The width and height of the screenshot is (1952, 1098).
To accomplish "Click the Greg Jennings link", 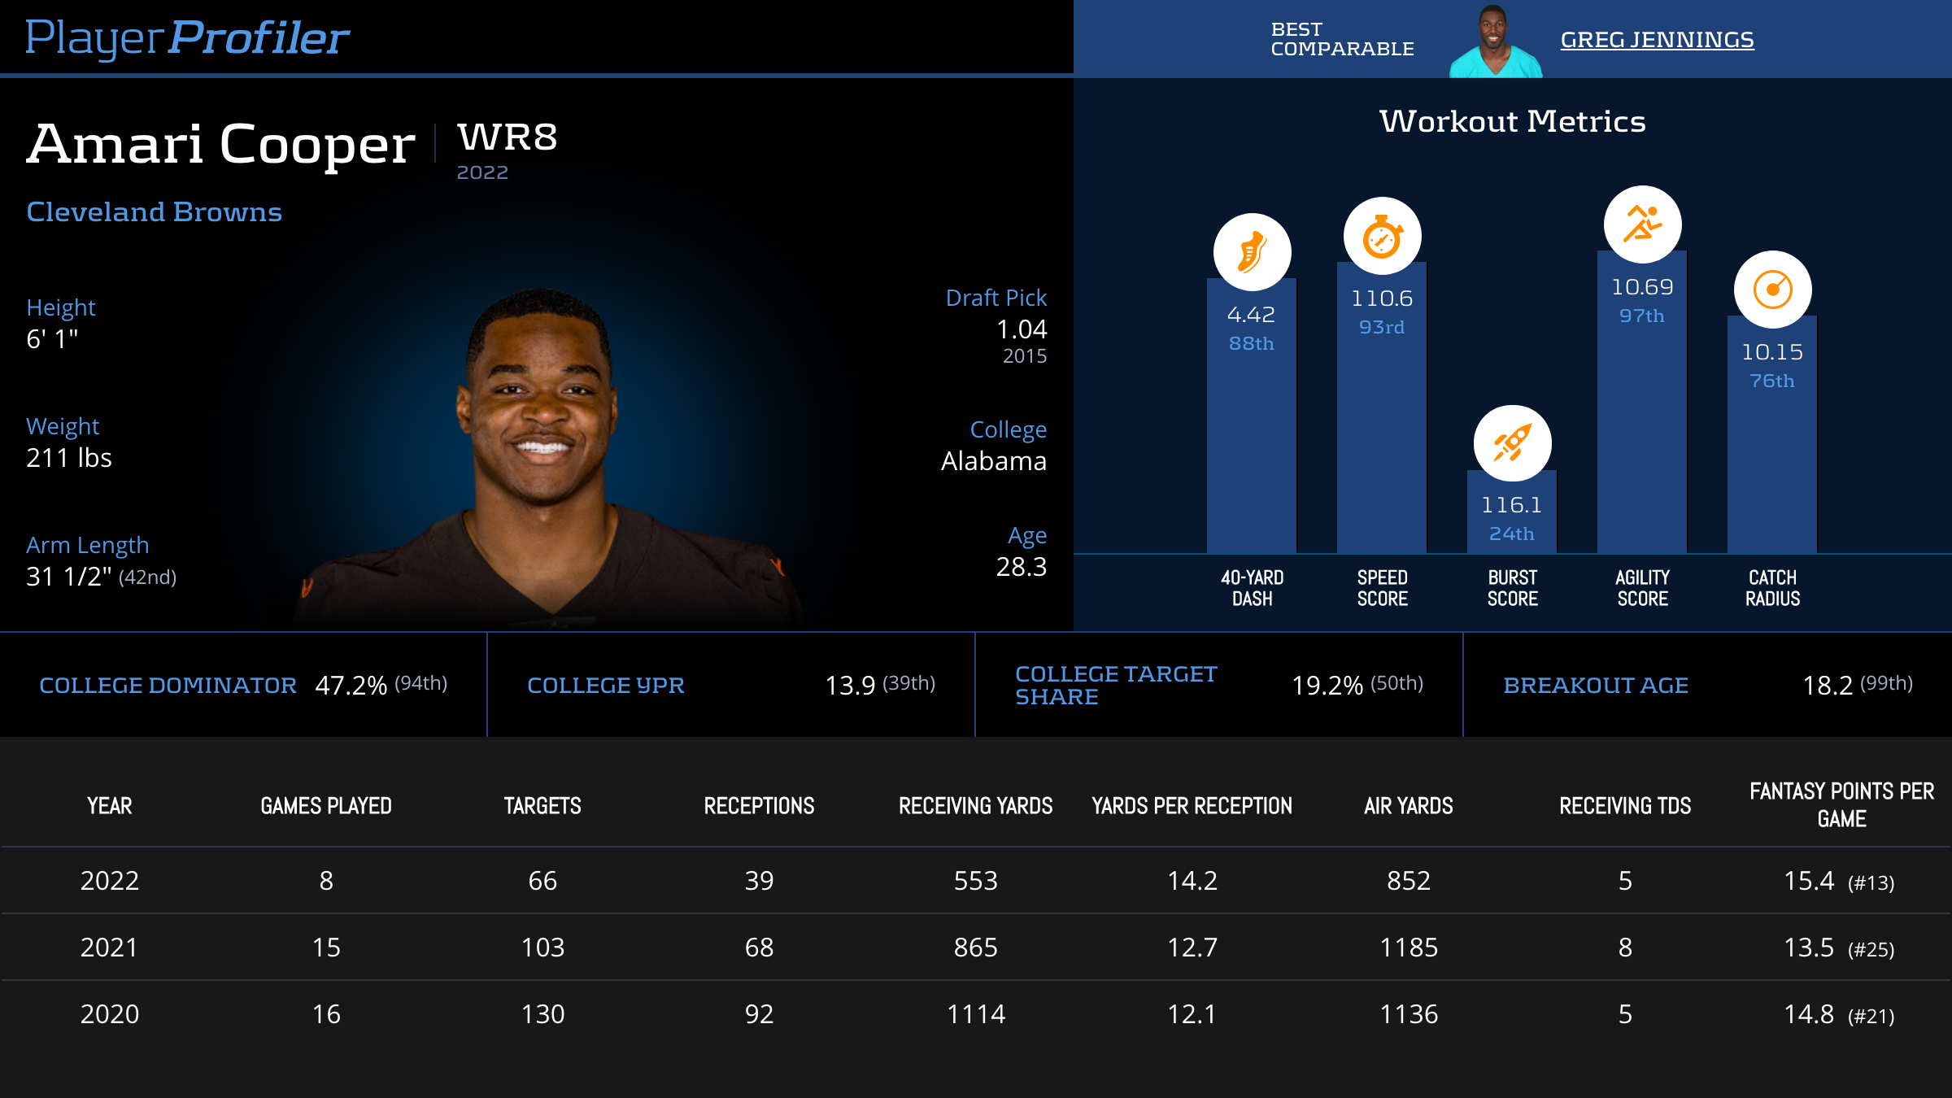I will (1657, 40).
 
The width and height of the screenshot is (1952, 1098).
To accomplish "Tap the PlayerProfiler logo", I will (187, 38).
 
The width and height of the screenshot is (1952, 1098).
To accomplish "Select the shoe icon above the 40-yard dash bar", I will (1252, 252).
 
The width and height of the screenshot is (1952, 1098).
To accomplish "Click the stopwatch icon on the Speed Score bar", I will (1382, 237).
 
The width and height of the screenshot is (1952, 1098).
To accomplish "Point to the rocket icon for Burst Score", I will (1512, 443).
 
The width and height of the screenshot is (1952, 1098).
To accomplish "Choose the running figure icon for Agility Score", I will (1642, 224).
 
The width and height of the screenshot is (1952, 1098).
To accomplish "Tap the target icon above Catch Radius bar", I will (1772, 290).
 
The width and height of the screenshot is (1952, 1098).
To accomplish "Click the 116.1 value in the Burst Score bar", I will (1511, 505).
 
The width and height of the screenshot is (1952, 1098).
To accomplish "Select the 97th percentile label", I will (1641, 316).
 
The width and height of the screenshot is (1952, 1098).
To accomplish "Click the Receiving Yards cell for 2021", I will (975, 948).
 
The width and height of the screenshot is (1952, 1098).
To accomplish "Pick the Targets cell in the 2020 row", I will (542, 1014).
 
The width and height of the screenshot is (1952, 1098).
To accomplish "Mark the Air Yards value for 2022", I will (1408, 881).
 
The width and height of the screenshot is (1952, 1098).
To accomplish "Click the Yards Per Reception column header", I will (1192, 806).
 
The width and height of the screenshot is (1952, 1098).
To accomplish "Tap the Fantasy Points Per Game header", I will (1841, 804).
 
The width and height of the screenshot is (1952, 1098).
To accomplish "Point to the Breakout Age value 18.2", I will (1828, 686).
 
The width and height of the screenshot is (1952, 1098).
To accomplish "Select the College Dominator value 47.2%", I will (351, 686).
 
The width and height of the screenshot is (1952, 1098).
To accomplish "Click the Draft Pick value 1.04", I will (1022, 329).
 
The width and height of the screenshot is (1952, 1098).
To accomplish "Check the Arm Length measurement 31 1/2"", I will (69, 577).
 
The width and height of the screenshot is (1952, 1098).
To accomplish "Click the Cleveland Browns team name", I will (154, 212).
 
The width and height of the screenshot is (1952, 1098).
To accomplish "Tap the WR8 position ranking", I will (508, 137).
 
